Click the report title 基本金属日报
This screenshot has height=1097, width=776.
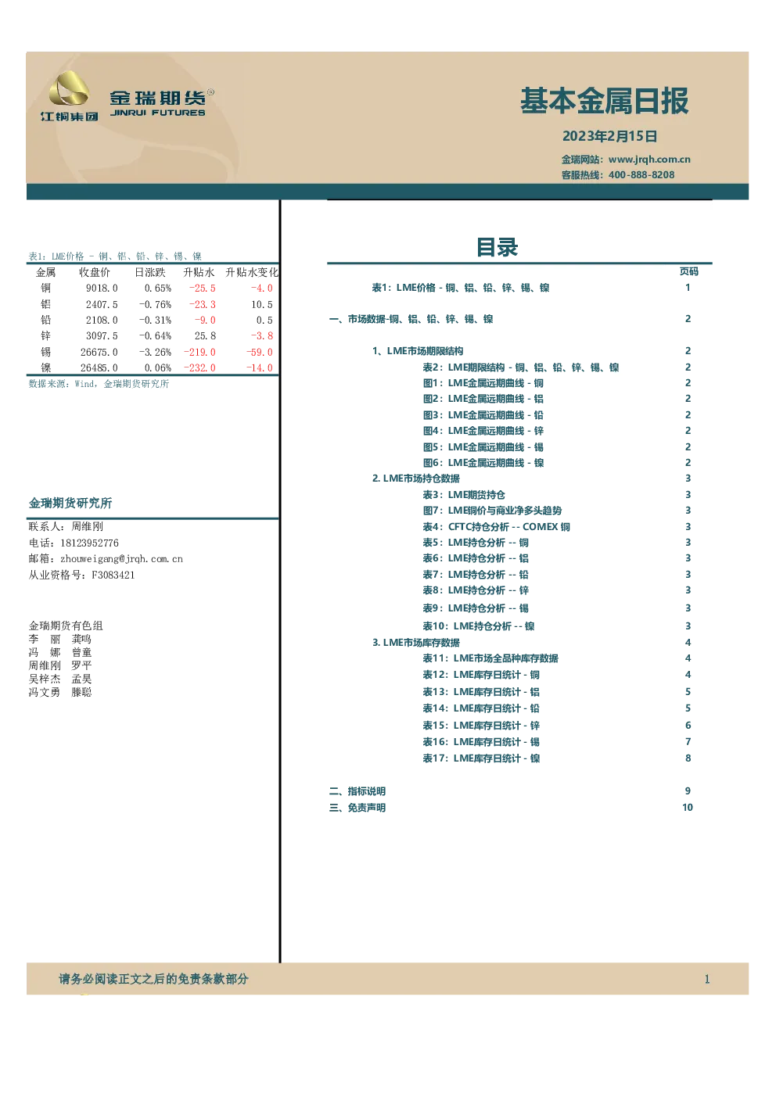point(604,101)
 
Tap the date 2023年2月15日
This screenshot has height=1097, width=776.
point(609,136)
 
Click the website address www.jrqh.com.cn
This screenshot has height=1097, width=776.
point(649,160)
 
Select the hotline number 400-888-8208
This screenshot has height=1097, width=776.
point(641,175)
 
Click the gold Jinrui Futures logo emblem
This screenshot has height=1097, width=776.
point(69,88)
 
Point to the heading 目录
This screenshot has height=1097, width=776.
point(498,247)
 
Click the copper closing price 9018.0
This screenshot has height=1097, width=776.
point(102,288)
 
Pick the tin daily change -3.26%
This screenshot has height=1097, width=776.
point(155,352)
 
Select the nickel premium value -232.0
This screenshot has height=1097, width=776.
point(199,367)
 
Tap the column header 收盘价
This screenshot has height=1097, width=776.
point(95,272)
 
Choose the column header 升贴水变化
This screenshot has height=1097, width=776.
point(251,272)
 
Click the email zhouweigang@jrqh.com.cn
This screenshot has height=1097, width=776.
point(121,559)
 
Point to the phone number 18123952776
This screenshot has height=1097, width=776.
point(89,543)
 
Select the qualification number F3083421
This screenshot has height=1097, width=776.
point(113,575)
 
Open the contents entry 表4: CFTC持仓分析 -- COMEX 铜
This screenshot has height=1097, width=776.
point(496,527)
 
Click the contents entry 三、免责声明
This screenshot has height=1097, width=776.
point(357,808)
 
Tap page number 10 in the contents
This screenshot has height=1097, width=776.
point(688,808)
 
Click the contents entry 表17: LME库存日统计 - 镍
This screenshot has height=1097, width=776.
point(481,758)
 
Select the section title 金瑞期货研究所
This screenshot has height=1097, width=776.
point(70,503)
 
